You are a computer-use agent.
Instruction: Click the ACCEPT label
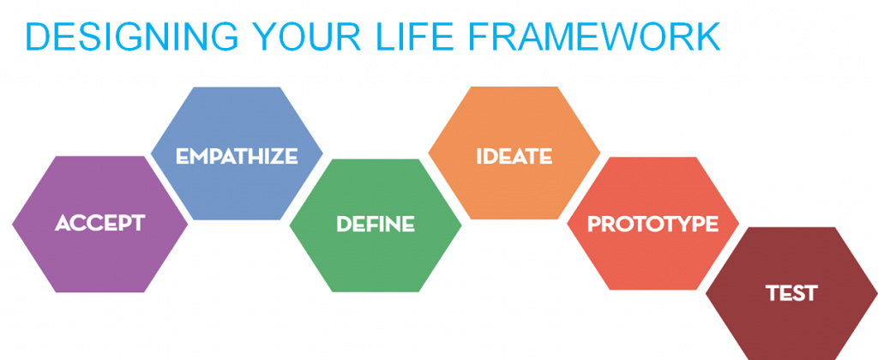pyautogui.click(x=99, y=224)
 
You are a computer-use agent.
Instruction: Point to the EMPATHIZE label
pyautogui.click(x=237, y=156)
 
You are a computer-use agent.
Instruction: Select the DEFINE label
pyautogui.click(x=376, y=225)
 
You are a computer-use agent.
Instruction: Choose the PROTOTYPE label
pyautogui.click(x=652, y=225)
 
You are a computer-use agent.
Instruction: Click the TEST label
pyautogui.click(x=791, y=293)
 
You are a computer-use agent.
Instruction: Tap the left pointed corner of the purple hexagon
pyautogui.click(x=15, y=225)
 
